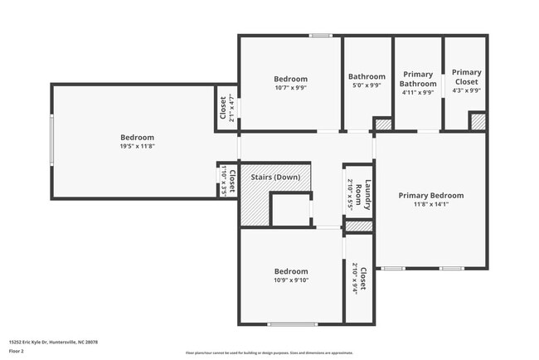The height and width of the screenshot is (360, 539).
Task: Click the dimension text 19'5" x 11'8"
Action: click(137, 147)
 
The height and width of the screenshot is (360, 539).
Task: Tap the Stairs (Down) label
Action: click(275, 177)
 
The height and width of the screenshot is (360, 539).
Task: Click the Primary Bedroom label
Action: click(430, 196)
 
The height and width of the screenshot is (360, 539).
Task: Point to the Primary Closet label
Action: click(465, 77)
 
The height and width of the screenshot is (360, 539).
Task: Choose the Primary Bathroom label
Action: click(418, 79)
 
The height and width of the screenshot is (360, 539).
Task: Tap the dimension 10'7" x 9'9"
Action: click(290, 87)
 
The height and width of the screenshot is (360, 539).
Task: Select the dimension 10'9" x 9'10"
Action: click(290, 280)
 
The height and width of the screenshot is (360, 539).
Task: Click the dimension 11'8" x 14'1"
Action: click(430, 205)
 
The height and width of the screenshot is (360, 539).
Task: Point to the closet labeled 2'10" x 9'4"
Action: click(359, 279)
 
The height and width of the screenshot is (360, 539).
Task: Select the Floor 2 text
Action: click(17, 351)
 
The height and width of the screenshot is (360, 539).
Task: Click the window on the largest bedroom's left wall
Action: click(51, 140)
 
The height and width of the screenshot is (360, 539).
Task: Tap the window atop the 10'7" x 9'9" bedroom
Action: click(321, 36)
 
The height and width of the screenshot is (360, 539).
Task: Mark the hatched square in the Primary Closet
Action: click(478, 122)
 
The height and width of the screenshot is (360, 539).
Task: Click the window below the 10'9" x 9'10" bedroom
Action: click(292, 324)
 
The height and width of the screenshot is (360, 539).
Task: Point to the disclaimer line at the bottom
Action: click(269, 353)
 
